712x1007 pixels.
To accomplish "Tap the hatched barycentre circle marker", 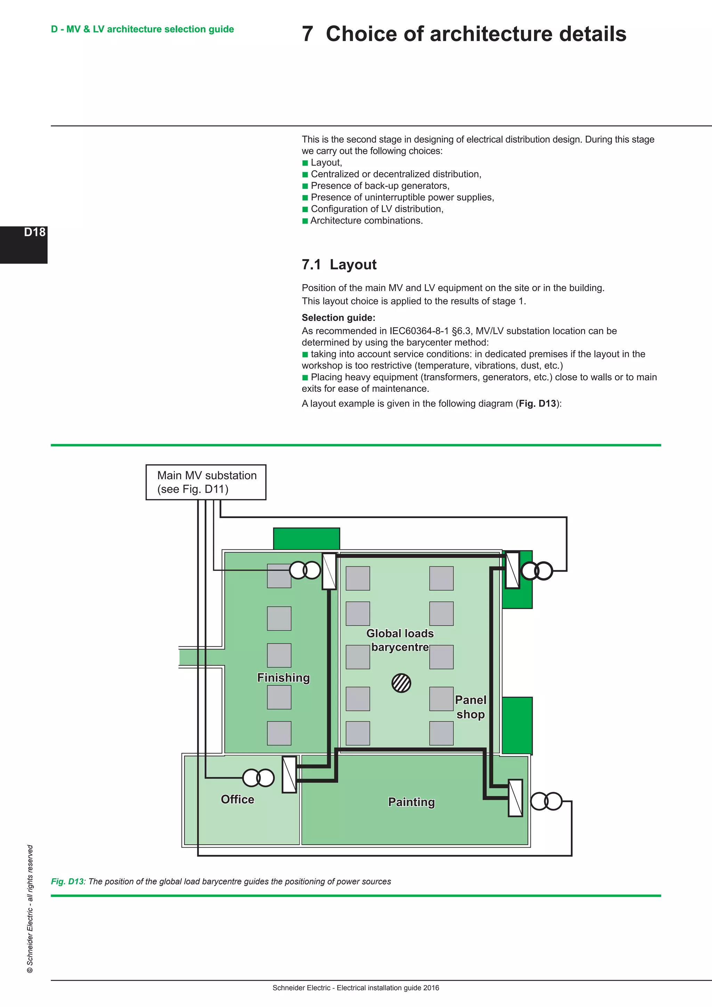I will (x=401, y=683).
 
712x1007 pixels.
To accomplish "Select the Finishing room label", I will (x=283, y=678).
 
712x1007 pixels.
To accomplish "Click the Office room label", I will (x=237, y=799).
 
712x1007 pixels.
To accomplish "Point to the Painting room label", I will (x=411, y=802).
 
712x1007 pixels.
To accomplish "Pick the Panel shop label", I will (x=470, y=707).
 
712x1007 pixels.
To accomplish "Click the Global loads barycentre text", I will (x=400, y=640).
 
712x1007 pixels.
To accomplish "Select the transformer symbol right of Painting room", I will (x=546, y=801).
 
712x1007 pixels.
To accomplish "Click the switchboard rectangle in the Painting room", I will (x=515, y=798).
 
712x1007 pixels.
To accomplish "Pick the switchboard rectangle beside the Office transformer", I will (x=289, y=774).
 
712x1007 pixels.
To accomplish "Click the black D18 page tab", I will (x=24, y=244).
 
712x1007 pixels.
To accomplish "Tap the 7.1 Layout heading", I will (x=339, y=265).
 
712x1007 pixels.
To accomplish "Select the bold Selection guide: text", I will (x=338, y=317).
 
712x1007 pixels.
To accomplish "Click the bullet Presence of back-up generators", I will (x=380, y=186).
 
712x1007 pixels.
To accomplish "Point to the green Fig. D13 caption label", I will (x=67, y=881).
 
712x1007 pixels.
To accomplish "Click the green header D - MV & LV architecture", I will (x=143, y=29).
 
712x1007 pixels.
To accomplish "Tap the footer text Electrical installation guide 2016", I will (x=388, y=988).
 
